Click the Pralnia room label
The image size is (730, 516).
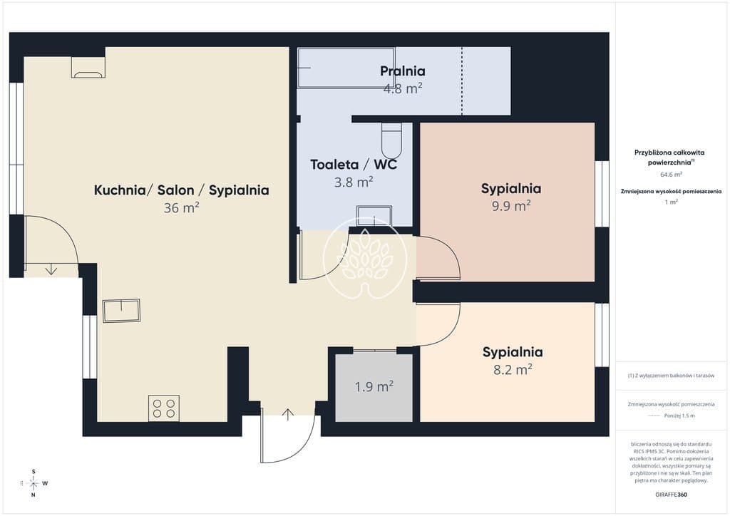click(x=403, y=71)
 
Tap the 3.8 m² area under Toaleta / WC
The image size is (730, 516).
click(x=354, y=182)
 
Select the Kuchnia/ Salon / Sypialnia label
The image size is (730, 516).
click(x=182, y=190)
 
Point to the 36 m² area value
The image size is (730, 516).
click(x=182, y=207)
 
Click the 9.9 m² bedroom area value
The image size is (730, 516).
click(x=511, y=206)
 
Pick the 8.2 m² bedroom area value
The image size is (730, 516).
click(x=513, y=369)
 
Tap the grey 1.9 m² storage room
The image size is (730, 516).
click(x=374, y=387)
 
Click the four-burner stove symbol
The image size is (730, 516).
click(x=164, y=408)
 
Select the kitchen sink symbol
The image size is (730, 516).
click(x=121, y=311)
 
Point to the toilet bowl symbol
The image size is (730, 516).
click(x=391, y=140)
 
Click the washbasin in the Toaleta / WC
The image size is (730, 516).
click(x=374, y=217)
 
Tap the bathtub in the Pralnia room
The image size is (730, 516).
click(x=346, y=68)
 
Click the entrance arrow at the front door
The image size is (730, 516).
click(x=288, y=414)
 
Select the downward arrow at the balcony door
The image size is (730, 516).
click(x=51, y=269)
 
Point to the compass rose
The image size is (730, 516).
click(x=34, y=483)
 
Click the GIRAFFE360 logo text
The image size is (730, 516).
click(x=671, y=495)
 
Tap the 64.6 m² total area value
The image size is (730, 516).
click(x=671, y=175)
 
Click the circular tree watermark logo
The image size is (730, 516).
click(x=366, y=259)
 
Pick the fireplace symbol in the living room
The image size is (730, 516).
click(x=88, y=68)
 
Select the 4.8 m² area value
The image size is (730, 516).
click(x=403, y=88)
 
